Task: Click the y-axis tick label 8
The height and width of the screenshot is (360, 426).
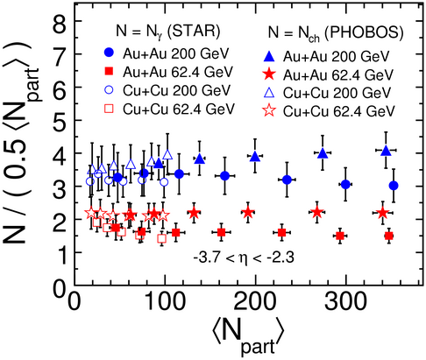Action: coord(60,22)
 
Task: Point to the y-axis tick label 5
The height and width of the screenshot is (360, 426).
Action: coord(60,121)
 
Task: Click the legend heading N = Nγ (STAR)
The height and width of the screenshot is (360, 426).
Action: coord(168,31)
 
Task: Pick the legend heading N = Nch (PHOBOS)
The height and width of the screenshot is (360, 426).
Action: coord(336,32)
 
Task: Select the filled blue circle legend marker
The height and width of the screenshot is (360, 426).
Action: coord(110,53)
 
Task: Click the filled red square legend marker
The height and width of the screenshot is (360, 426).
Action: coord(110,71)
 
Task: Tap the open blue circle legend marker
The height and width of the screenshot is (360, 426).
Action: coord(109,90)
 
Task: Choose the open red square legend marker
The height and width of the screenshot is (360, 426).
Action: coord(110,109)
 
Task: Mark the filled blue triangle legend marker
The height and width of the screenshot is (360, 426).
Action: coord(270,56)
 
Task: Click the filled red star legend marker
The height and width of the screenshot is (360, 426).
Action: coord(270,74)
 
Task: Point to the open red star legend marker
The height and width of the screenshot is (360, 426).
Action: coord(270,111)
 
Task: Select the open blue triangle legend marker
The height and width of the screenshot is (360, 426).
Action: coord(270,93)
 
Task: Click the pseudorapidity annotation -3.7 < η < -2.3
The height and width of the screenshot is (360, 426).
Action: coord(244,258)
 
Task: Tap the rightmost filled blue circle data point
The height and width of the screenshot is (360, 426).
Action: coord(394,186)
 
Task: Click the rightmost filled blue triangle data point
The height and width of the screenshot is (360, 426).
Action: coord(386,151)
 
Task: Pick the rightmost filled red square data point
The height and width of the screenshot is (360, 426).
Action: coord(389,236)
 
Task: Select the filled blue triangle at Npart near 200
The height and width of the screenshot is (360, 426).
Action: coord(255,156)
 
